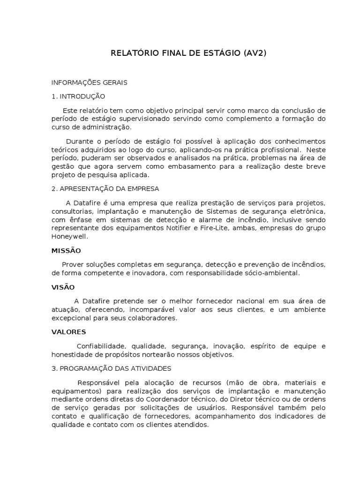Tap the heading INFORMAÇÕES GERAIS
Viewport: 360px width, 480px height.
point(89,82)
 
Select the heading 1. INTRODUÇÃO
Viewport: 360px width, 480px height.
point(78,96)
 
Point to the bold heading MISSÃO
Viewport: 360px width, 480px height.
point(66,250)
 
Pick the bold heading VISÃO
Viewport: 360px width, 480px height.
point(63,286)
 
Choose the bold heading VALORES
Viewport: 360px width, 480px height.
point(68,332)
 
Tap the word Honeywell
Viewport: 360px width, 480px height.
point(69,237)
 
